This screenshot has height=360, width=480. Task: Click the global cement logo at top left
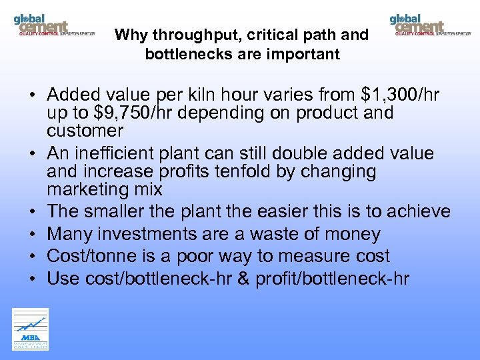coord(53,25)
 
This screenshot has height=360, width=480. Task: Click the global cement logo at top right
coord(430,25)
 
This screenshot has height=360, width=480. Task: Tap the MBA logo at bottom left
coord(30,329)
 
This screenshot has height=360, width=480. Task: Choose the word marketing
coord(90,189)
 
